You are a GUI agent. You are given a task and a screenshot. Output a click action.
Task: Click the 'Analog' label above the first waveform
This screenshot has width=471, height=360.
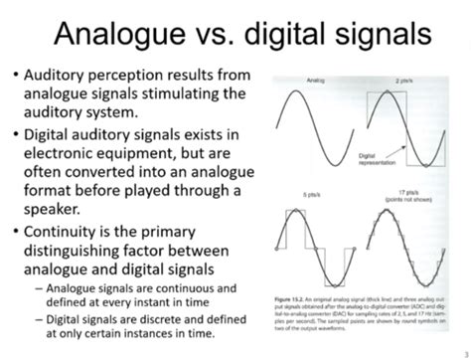click(x=317, y=79)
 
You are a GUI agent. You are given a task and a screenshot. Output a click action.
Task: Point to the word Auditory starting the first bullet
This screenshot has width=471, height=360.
click(x=60, y=76)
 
